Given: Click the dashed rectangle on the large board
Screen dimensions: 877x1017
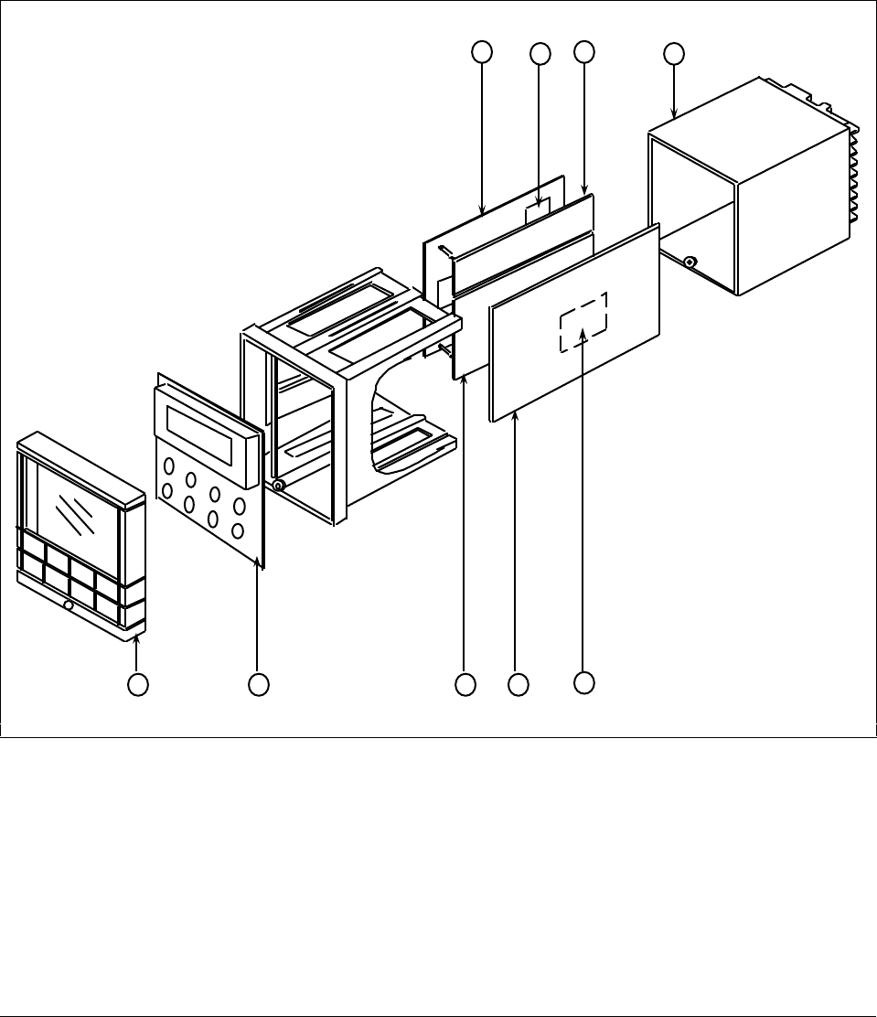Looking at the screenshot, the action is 583,322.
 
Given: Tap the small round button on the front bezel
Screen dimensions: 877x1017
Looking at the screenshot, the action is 69,605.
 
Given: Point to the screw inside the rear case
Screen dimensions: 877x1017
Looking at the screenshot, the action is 690,263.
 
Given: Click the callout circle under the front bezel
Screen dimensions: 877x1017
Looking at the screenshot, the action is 138,683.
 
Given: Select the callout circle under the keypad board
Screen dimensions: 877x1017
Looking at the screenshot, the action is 259,683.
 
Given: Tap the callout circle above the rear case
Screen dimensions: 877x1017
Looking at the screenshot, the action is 673,54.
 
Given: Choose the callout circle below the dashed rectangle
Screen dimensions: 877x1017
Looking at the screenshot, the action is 583,681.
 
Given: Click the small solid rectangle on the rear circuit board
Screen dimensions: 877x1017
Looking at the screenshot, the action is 538,213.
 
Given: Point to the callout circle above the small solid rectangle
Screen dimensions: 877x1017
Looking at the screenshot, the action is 540,54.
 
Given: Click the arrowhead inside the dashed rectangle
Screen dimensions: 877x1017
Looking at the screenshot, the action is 583,339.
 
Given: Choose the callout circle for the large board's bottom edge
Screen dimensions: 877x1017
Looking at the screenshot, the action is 518,683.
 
